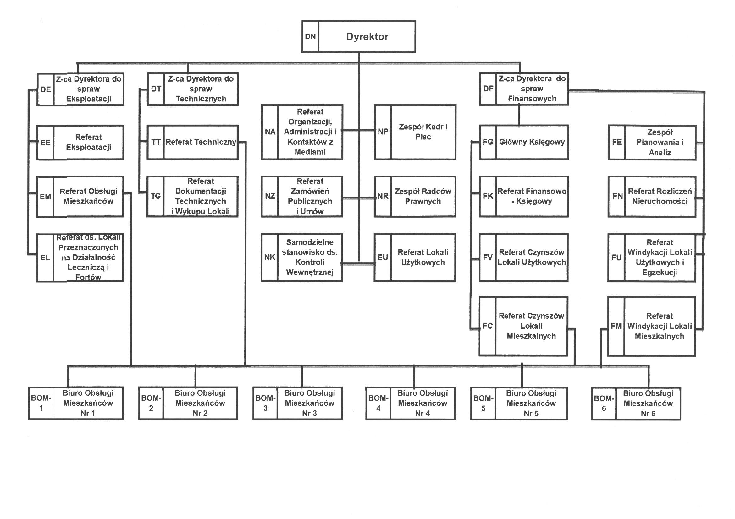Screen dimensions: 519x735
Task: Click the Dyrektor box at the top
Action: (367, 36)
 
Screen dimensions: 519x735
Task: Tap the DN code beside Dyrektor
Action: (310, 36)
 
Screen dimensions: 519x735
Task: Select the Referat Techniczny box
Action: (201, 142)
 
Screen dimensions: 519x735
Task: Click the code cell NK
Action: (269, 257)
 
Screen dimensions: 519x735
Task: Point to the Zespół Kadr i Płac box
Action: (423, 132)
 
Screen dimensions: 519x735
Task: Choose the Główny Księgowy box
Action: (532, 142)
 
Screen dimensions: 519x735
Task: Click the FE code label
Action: (616, 142)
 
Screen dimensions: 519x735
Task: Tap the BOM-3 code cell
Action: (265, 403)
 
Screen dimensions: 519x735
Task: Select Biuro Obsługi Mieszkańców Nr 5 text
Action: (531, 403)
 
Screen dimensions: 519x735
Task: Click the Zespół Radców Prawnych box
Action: (423, 196)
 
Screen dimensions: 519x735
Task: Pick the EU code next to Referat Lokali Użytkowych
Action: (383, 257)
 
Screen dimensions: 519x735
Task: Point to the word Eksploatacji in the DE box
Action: (89, 99)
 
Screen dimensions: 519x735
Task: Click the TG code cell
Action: (156, 196)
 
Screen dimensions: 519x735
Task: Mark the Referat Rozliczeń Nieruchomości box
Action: (660, 196)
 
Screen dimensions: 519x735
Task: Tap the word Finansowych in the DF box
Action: (532, 99)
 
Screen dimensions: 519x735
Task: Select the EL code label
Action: (45, 257)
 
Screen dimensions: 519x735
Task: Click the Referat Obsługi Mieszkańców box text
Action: (88, 196)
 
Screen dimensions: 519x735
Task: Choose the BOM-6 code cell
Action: (604, 403)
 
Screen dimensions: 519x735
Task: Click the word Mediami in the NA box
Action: (310, 152)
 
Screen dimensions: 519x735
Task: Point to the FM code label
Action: (616, 326)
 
